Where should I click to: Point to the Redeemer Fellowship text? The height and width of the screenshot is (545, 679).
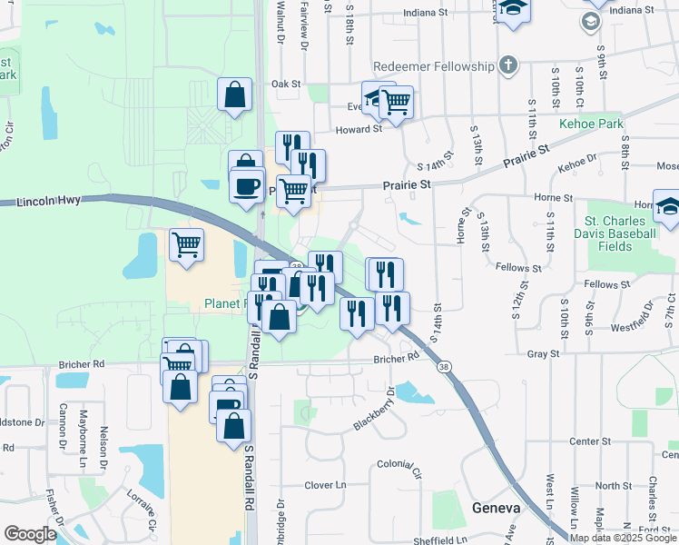click(434, 66)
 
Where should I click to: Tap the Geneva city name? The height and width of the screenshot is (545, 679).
click(496, 508)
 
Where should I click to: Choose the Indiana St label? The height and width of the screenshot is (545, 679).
click(426, 14)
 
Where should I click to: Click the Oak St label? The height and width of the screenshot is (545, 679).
click(286, 84)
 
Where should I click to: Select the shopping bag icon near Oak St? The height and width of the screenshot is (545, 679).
click(234, 94)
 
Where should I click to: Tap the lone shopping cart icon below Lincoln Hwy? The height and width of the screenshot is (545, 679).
click(186, 244)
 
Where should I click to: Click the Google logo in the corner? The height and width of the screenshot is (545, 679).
click(30, 534)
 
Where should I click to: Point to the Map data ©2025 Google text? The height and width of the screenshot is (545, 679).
click(624, 538)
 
